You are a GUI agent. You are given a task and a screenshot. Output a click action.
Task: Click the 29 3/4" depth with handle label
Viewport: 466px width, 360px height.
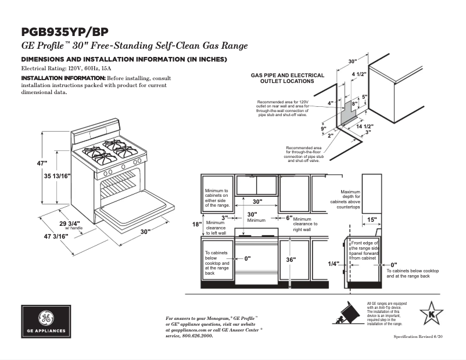pos(69,223)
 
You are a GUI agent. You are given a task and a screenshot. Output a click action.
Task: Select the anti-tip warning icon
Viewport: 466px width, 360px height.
pos(347,314)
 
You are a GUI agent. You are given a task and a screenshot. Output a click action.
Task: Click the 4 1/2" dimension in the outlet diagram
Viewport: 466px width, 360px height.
pos(359,74)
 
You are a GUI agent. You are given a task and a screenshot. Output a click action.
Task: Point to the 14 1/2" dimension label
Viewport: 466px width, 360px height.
pos(364,126)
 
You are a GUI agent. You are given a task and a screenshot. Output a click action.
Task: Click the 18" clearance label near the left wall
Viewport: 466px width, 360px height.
pos(197,224)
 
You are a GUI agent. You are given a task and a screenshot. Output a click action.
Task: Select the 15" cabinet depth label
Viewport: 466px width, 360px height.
pos(372,220)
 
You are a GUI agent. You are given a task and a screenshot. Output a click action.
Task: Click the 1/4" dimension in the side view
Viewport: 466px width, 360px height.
pos(333,264)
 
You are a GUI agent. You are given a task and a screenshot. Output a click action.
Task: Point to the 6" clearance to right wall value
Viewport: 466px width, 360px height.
pos(289,218)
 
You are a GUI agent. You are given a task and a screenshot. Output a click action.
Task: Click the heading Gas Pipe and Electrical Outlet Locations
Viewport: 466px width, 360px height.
pos(287,78)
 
